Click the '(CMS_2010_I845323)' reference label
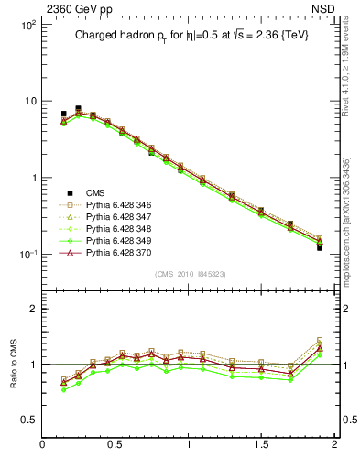pos(189,275)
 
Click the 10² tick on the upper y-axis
pos(29,26)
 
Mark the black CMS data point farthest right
pos(320,247)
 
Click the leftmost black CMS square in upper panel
pos(63,114)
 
